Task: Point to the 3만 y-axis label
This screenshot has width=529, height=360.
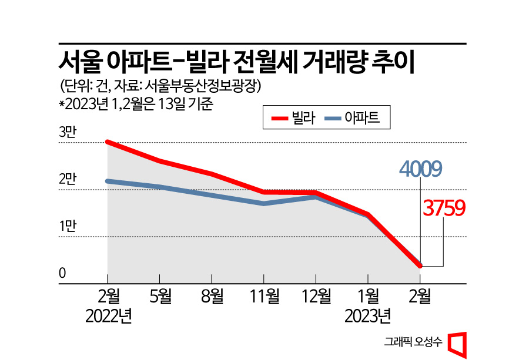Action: [x=68, y=133]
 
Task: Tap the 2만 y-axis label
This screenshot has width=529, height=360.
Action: [x=68, y=180]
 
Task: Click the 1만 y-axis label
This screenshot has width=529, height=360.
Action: [x=68, y=227]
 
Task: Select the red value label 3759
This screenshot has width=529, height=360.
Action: [x=444, y=208]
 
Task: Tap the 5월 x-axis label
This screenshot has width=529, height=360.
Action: [x=160, y=297]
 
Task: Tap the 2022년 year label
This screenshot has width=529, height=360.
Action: [x=108, y=317]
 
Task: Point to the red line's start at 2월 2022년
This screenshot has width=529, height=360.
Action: [x=108, y=142]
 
